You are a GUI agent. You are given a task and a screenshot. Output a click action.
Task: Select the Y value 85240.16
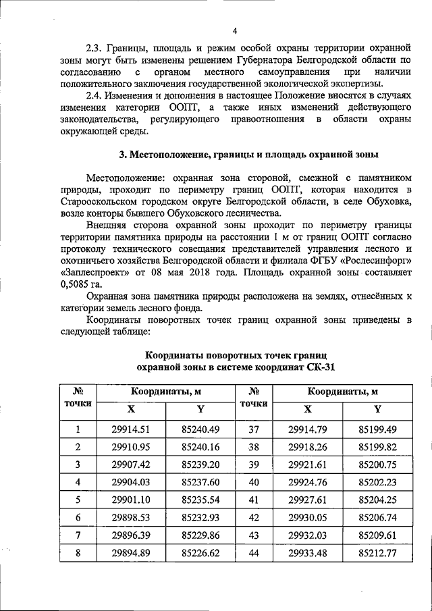tap(201, 447)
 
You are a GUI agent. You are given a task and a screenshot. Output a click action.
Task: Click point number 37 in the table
tap(254, 429)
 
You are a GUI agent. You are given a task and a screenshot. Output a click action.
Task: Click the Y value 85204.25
tap(377, 500)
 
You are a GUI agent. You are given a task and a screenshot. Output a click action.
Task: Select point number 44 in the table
tap(254, 552)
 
